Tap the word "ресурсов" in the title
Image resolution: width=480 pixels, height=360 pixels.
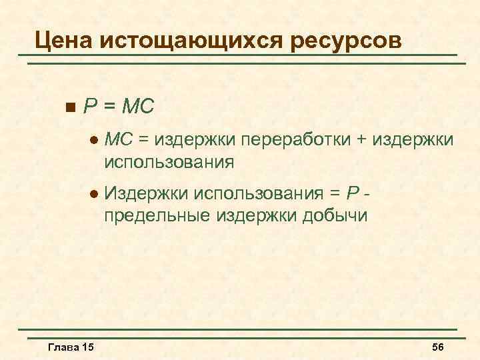pos(347,39)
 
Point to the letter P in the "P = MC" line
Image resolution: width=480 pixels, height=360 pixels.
pos(90,106)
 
